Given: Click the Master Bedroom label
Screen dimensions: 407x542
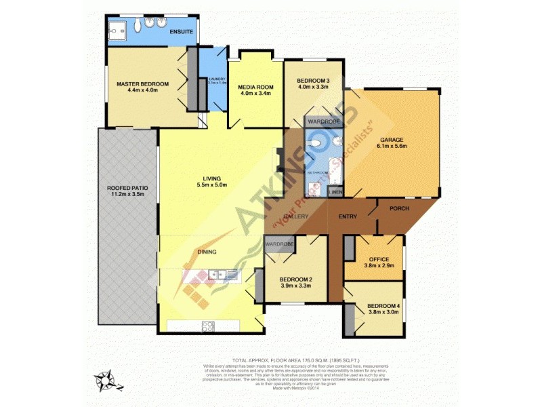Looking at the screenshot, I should pyautogui.click(x=142, y=84).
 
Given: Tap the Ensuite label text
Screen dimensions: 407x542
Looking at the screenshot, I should pyautogui.click(x=182, y=32).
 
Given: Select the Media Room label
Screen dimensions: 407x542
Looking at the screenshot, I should pyautogui.click(x=255, y=88).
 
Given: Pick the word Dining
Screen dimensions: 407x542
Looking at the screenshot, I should pyautogui.click(x=207, y=252).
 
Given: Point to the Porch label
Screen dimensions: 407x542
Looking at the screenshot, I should pyautogui.click(x=400, y=208).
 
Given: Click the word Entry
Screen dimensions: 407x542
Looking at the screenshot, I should pyautogui.click(x=348, y=216).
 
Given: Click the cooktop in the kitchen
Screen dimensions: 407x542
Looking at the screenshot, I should pyautogui.click(x=207, y=326).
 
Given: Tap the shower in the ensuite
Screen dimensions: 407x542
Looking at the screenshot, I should pyautogui.click(x=119, y=28).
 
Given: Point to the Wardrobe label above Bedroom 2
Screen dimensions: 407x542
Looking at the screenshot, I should pyautogui.click(x=278, y=244).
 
